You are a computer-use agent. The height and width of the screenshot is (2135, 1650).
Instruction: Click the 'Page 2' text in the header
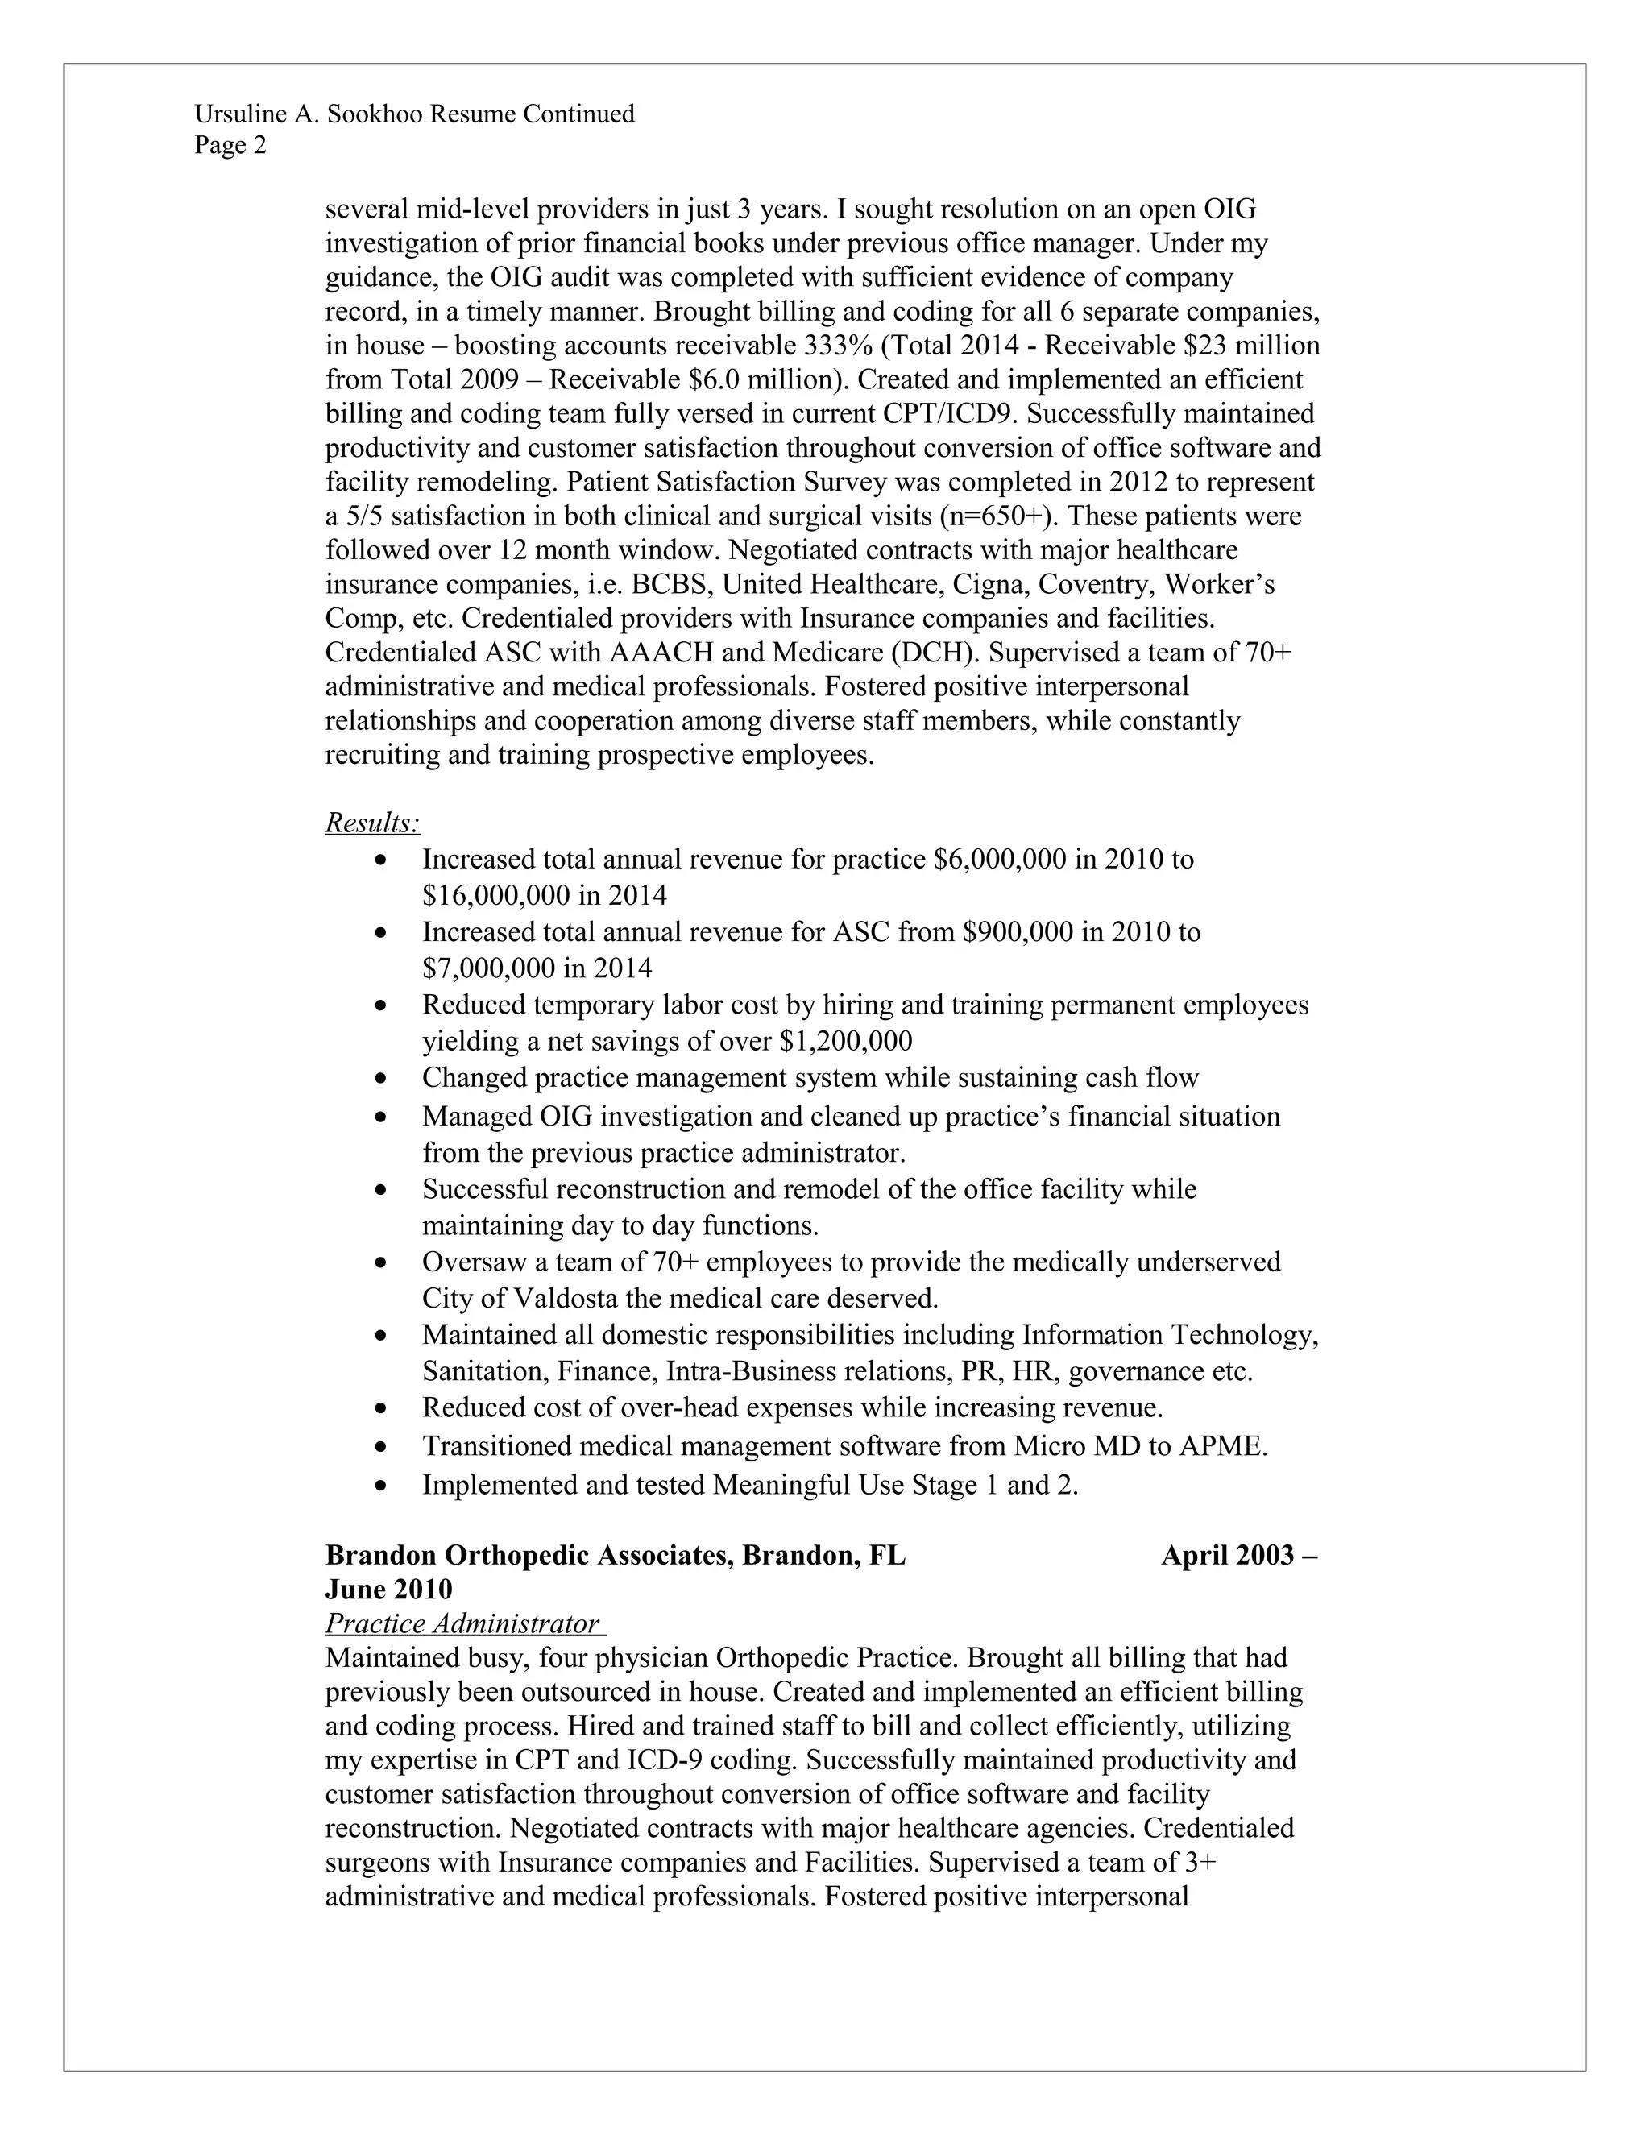click(230, 146)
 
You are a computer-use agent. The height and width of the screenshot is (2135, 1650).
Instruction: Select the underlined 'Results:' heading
click(372, 823)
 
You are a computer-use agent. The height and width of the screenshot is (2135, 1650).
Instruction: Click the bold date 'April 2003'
click(1228, 1555)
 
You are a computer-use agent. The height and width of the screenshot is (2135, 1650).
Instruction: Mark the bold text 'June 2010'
click(388, 1589)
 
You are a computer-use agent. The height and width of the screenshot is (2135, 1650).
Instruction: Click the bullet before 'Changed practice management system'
click(380, 1080)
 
